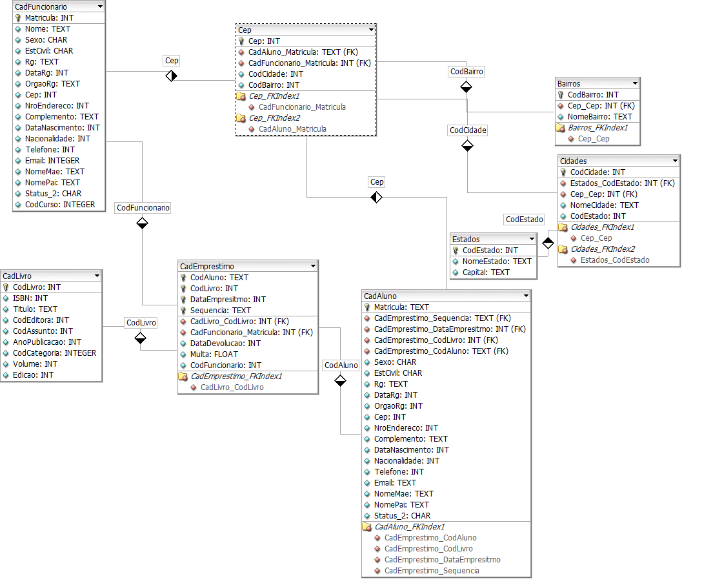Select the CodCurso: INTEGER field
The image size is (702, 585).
click(x=59, y=205)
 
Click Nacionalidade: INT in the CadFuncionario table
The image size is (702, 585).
click(x=57, y=139)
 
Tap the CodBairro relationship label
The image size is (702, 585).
click(x=466, y=72)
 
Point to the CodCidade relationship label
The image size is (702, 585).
click(x=468, y=130)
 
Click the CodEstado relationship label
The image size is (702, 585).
click(x=524, y=220)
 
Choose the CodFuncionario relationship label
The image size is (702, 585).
click(x=143, y=208)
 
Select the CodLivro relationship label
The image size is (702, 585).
click(x=141, y=323)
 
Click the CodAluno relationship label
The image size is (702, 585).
click(x=341, y=365)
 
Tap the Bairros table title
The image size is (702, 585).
click(x=569, y=84)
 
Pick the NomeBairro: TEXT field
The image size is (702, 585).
click(x=600, y=117)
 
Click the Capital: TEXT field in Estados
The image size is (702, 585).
click(x=486, y=272)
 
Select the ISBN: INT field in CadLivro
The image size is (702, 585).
click(x=30, y=298)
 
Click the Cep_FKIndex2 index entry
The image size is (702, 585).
click(x=274, y=118)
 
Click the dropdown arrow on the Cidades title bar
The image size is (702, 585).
click(x=675, y=161)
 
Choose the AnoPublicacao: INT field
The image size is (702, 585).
click(x=47, y=342)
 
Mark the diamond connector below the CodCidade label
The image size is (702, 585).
click(x=467, y=147)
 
